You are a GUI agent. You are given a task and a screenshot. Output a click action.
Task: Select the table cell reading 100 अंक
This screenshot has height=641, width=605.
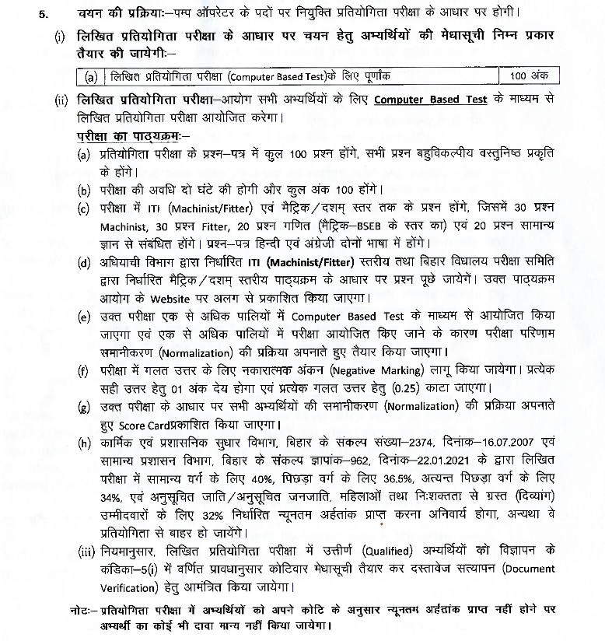(529, 76)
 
